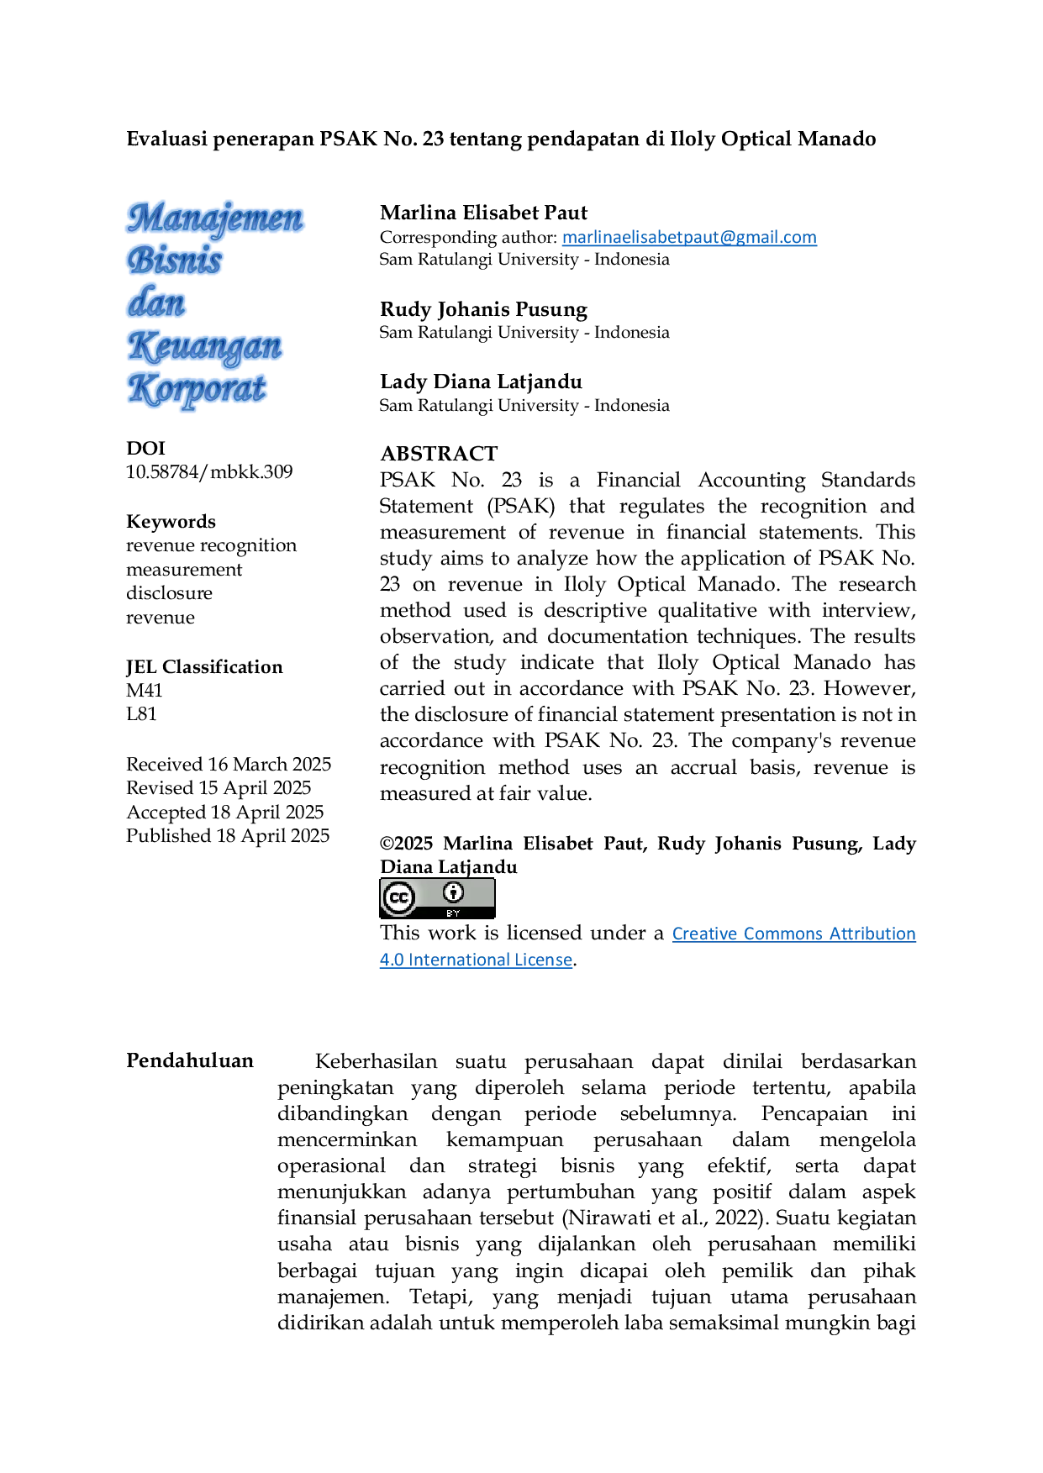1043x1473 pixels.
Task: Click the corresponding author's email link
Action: click(x=689, y=237)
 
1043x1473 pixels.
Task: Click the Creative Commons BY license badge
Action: click(x=437, y=898)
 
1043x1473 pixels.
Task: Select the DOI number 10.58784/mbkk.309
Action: click(x=209, y=471)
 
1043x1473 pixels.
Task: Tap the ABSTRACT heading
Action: click(x=439, y=454)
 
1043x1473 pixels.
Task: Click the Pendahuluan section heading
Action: click(x=190, y=1060)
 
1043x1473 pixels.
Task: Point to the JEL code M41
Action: click(x=145, y=690)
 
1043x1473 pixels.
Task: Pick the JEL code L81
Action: click(x=141, y=713)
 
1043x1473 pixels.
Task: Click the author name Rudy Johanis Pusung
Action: click(x=483, y=309)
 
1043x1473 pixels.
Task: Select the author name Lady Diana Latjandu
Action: click(x=481, y=381)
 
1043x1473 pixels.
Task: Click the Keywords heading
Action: click(x=171, y=522)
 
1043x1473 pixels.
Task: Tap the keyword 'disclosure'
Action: click(x=169, y=592)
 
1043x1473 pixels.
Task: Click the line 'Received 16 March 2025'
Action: click(x=229, y=764)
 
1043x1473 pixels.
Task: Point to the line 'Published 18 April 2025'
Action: click(x=228, y=835)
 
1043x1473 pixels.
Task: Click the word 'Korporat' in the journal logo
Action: click(x=197, y=389)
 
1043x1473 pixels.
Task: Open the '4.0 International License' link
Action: click(x=476, y=960)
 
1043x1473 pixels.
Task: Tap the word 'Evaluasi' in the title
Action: click(x=166, y=139)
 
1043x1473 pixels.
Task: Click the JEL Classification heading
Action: click(x=204, y=666)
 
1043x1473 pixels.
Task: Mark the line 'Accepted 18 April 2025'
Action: click(x=225, y=812)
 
